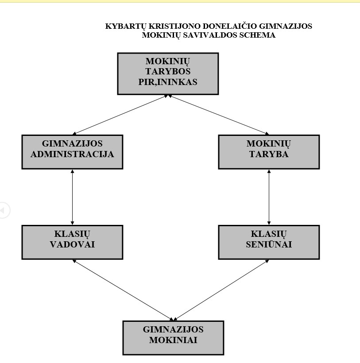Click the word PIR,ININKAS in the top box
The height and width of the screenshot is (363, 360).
point(168,82)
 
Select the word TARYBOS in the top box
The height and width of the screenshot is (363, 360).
point(168,71)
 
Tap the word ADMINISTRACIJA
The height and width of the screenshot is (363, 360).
point(72,154)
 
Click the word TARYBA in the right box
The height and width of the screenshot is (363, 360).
point(269,154)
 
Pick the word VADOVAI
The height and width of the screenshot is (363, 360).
point(72,244)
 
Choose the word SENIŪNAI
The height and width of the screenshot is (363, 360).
point(269,244)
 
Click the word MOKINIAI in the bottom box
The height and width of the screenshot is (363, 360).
point(173,340)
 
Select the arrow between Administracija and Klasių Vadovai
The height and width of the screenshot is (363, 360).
point(72,197)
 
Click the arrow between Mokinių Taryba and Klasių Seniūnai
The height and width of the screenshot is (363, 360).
point(269,197)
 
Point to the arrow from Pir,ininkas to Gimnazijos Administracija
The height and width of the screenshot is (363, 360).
point(120,115)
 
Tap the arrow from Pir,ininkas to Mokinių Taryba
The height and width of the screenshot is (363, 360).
point(219,115)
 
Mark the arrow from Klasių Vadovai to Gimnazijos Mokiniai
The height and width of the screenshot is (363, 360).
point(123,290)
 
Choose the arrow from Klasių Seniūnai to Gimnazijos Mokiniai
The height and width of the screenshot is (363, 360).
point(221,290)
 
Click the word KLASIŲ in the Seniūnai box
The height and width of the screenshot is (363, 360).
point(269,234)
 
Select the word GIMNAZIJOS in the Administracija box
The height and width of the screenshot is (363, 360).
point(72,144)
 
